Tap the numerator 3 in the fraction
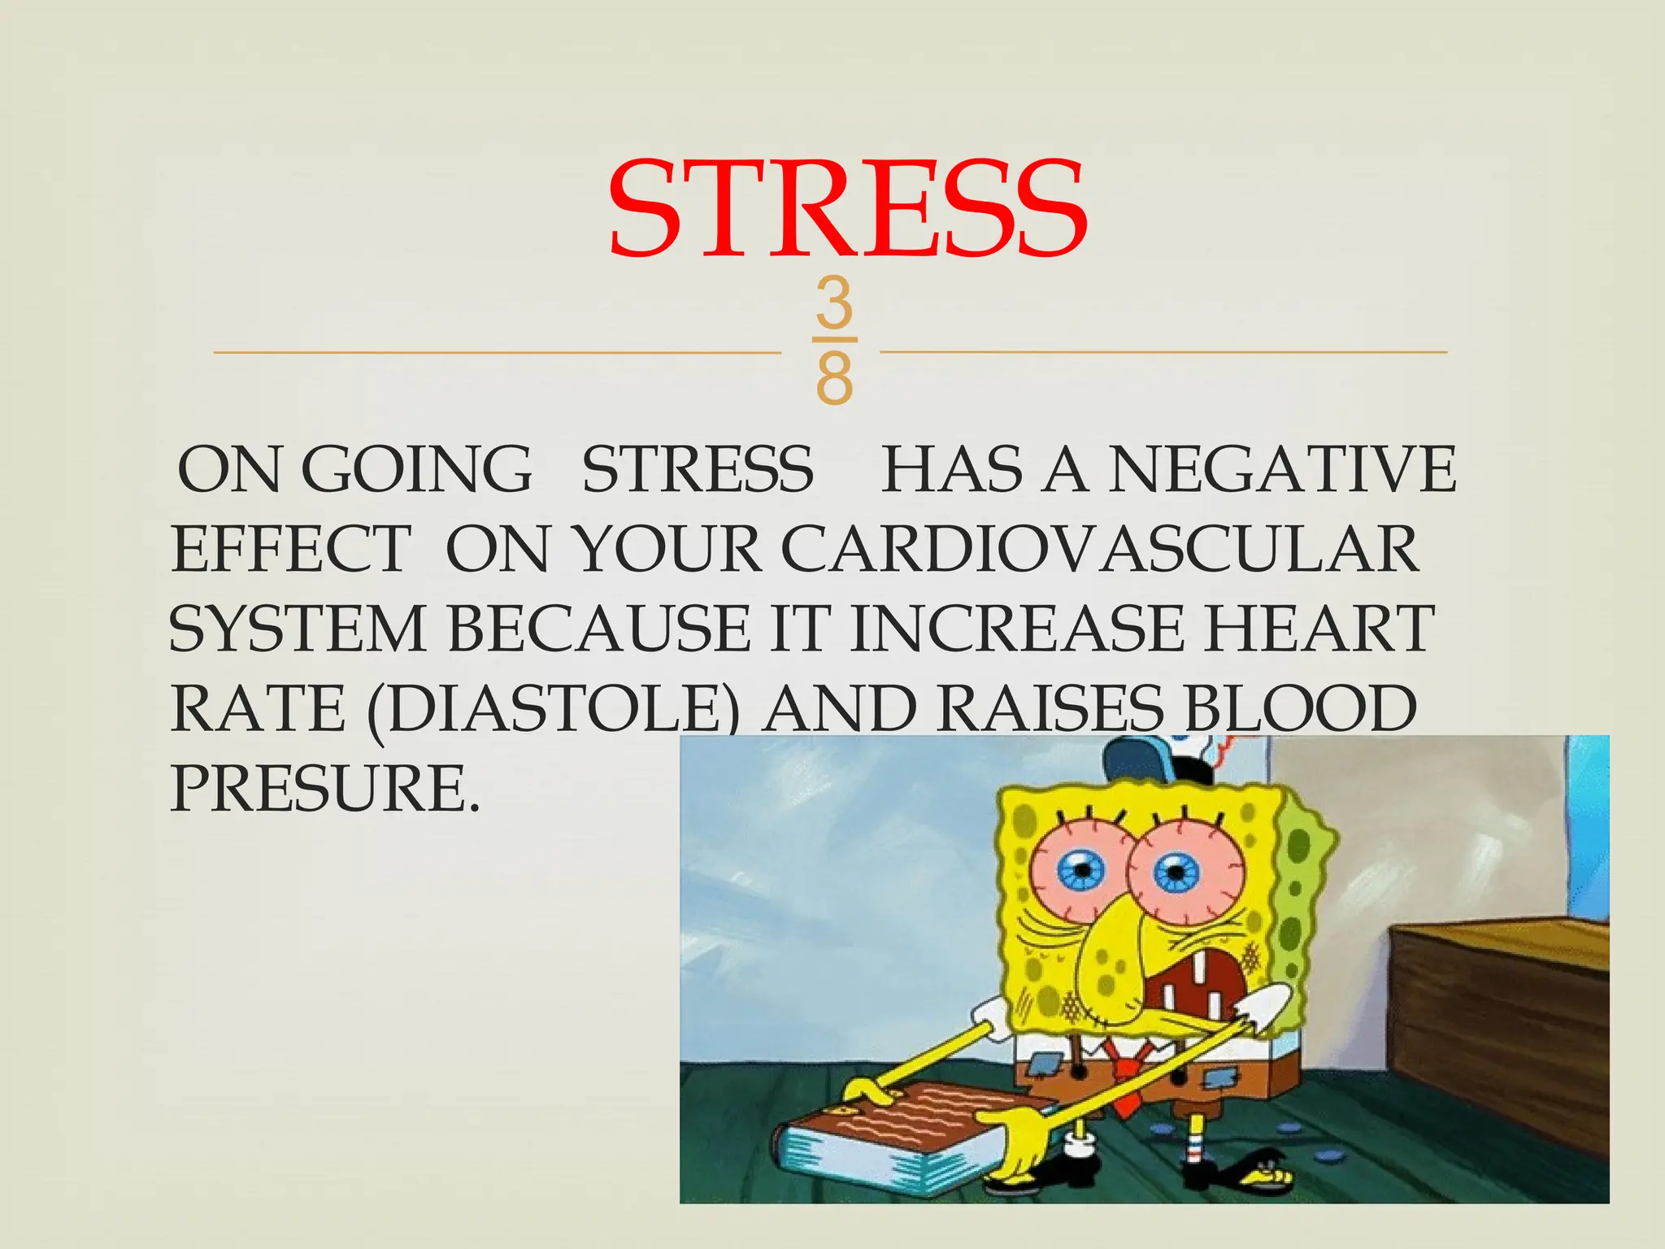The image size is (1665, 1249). point(835,302)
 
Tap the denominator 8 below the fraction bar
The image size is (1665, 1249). point(835,379)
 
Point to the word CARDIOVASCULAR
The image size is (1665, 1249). point(1099,549)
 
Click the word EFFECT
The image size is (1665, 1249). point(290,549)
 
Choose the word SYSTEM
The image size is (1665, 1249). point(297,629)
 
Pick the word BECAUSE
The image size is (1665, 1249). point(598,629)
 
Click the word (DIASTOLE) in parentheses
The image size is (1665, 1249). point(553,708)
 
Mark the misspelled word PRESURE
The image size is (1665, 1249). point(321,788)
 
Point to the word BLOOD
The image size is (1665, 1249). point(1301,708)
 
